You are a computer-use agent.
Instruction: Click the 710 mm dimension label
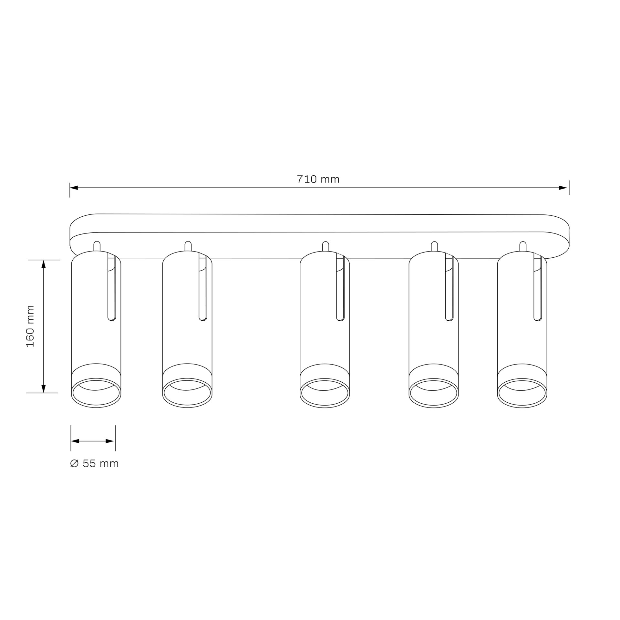pos(318,179)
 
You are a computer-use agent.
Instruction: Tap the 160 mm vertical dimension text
pos(30,326)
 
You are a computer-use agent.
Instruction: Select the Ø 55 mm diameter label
pos(94,464)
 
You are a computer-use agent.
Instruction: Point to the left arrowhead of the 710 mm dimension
pos(74,188)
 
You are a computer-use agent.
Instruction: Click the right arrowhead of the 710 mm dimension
pos(563,188)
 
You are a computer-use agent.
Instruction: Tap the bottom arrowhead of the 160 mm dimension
pos(44,388)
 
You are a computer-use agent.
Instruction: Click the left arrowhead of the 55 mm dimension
pos(75,441)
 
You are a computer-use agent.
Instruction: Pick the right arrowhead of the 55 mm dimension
pos(110,441)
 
